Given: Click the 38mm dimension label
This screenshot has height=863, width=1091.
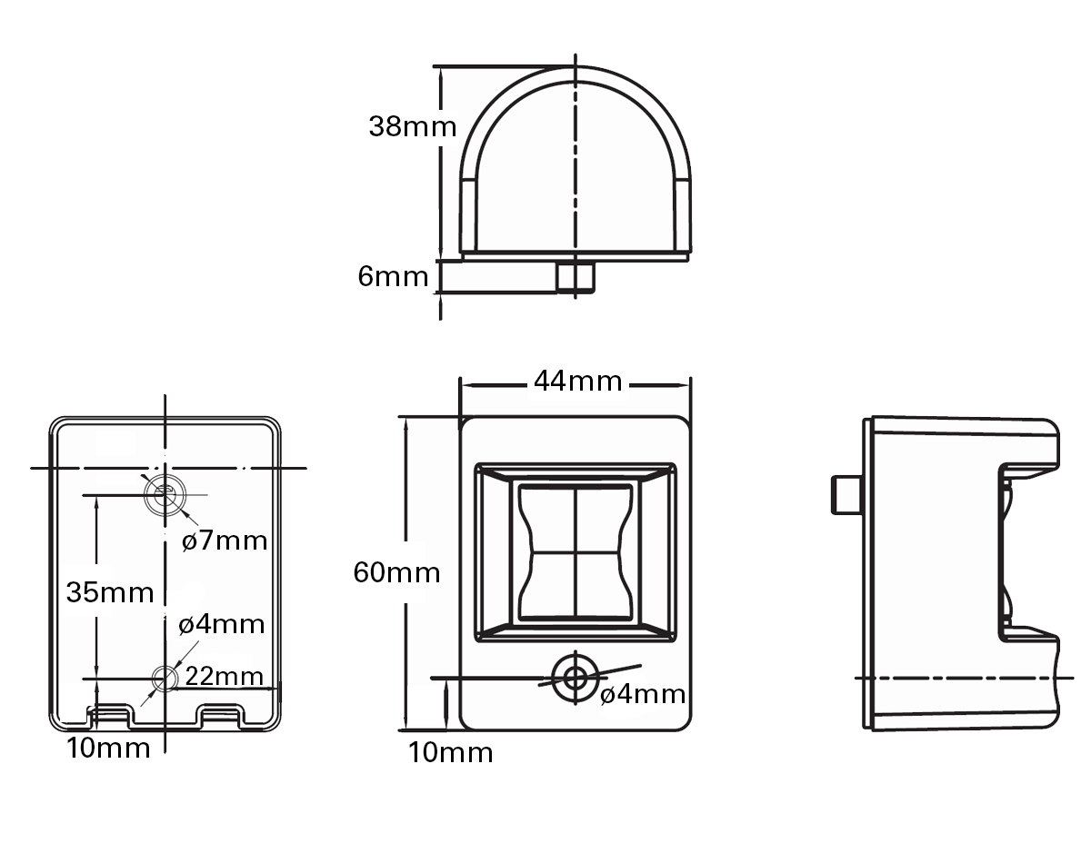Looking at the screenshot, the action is pyautogui.click(x=413, y=126).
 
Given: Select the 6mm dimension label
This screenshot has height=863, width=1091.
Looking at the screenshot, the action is pyautogui.click(x=393, y=277).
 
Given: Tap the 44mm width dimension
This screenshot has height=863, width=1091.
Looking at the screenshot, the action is pyautogui.click(x=578, y=381).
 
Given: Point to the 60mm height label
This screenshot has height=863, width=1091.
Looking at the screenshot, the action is pyautogui.click(x=396, y=573).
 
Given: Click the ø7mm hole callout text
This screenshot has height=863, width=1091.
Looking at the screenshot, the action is pyautogui.click(x=225, y=541).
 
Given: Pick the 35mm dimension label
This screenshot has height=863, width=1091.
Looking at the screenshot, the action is pyautogui.click(x=110, y=592).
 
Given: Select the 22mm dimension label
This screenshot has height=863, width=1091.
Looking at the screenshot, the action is pyautogui.click(x=224, y=676).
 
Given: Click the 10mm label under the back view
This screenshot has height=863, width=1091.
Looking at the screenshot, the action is pyautogui.click(x=108, y=748).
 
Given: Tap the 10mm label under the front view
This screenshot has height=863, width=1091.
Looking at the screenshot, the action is pyautogui.click(x=450, y=752).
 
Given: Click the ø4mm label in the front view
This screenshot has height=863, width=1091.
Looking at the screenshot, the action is pyautogui.click(x=643, y=694).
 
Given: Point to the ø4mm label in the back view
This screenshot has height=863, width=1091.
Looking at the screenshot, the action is pyautogui.click(x=222, y=624).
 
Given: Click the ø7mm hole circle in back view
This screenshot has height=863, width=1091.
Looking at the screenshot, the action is pyautogui.click(x=165, y=495).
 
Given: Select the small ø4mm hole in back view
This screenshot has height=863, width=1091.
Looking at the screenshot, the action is pyautogui.click(x=165, y=679).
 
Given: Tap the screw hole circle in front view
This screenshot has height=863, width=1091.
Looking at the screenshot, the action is pyautogui.click(x=575, y=678).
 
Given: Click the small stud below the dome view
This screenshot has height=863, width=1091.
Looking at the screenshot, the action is pyautogui.click(x=576, y=277).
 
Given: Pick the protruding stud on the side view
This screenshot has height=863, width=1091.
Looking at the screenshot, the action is pyautogui.click(x=847, y=495).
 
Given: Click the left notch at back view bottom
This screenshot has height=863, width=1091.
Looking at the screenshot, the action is pyautogui.click(x=109, y=716).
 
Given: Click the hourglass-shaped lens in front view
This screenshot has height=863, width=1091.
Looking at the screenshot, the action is pyautogui.click(x=576, y=552).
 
